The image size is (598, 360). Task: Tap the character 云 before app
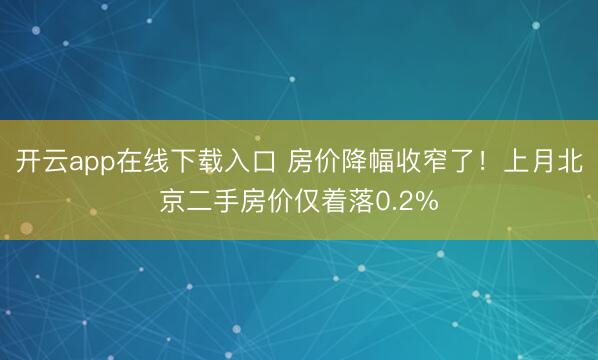point(55,162)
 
